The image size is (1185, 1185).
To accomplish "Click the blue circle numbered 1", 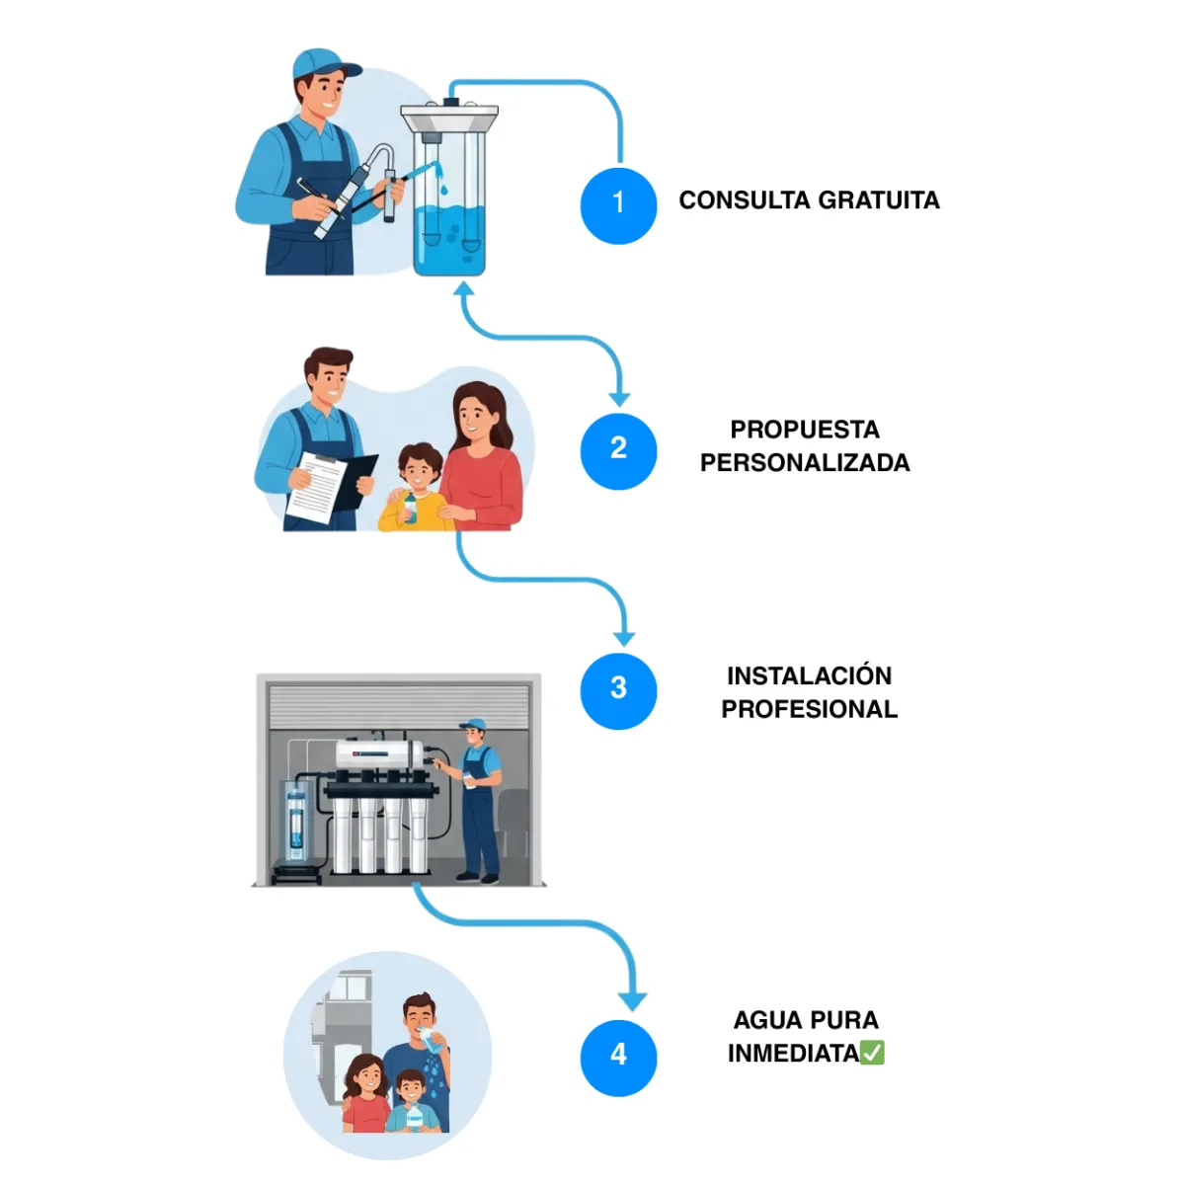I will pos(618,205).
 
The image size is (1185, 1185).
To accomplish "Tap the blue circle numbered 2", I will pos(618,449).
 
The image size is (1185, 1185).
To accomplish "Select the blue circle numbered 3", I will pos(618,690).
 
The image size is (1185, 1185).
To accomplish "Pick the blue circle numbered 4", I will pos(618,1057).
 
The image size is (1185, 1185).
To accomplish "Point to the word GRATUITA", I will pos(879,200).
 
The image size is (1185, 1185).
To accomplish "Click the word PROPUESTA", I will pos(805,430).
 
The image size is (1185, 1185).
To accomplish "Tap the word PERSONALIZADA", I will pos(805,463).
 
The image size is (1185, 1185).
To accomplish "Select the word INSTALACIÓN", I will pos(809,676).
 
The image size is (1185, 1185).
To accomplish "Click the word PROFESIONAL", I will pos(809,710).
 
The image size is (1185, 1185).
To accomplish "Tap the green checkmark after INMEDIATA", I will pos(872,1054).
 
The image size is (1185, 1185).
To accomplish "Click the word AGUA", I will pos(765,1020).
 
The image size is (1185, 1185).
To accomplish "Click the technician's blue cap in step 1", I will pos(322,65).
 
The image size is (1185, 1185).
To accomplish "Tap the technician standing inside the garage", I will pos(479,800).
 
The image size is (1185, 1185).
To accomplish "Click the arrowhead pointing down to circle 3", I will pos(623,637).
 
